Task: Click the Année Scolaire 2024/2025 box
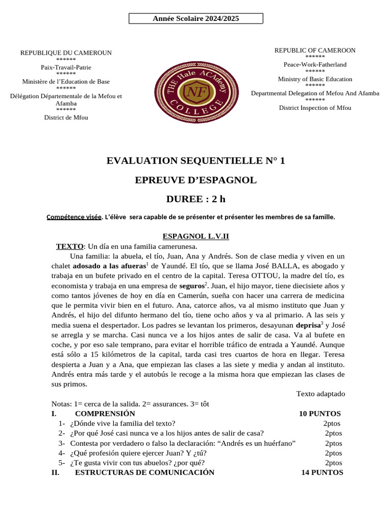195,19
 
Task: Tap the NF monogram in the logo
195,92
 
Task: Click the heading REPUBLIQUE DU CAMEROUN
66,53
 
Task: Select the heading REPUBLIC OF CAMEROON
315,50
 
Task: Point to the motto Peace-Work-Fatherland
315,64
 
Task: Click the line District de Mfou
66,117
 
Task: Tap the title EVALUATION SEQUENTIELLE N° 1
195,161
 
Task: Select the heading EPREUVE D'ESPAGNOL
195,180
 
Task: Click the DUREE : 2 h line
195,199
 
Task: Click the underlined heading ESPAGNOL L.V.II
195,236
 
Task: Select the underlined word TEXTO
69,246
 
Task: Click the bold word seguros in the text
192,286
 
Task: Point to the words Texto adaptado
320,394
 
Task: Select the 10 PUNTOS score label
320,414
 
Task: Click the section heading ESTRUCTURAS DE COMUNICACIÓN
144,472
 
